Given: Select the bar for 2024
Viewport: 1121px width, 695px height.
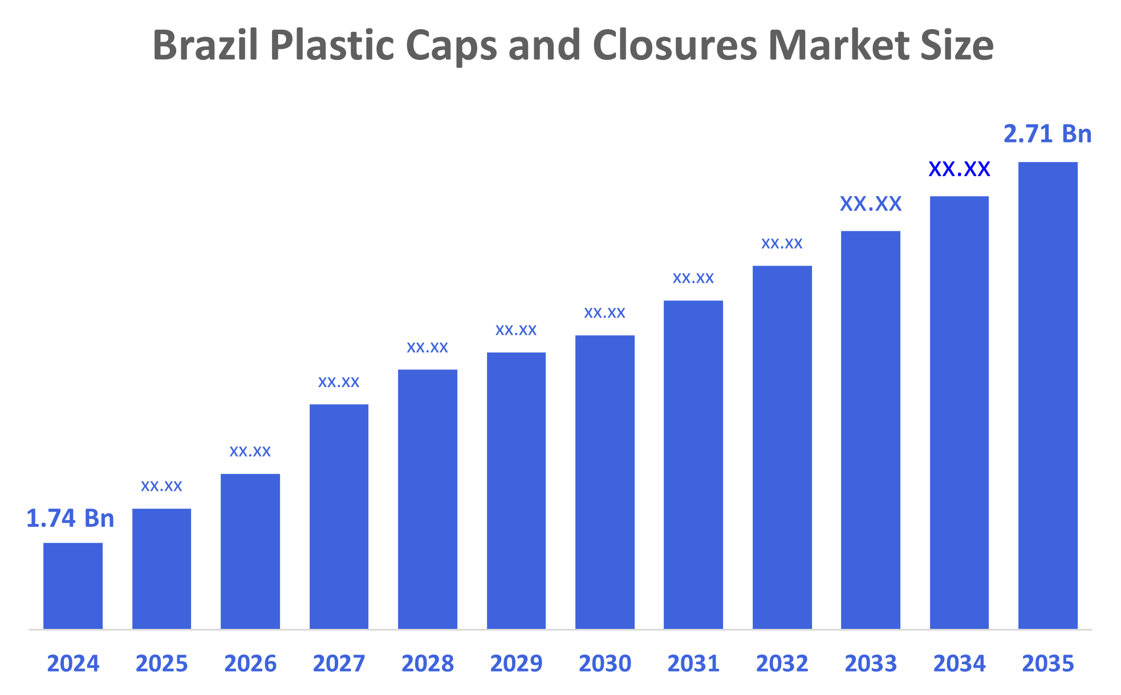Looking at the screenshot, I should (73, 586).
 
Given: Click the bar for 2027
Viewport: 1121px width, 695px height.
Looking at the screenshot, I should (339, 516).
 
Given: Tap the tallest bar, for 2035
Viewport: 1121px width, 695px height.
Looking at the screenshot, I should (1047, 395).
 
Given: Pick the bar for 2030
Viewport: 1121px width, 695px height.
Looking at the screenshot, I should (604, 482).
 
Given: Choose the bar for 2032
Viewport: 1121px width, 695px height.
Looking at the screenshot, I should (782, 447).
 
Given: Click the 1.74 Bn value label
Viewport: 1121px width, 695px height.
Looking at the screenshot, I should (70, 518).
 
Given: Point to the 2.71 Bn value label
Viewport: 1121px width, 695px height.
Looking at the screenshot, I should (1047, 134).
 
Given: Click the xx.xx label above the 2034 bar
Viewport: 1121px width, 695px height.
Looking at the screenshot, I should (959, 169).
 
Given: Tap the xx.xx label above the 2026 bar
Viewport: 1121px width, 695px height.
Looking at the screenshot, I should (250, 452).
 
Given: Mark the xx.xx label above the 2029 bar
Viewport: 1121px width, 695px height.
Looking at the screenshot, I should (516, 330).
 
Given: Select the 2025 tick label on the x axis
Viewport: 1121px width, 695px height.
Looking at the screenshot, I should (161, 664).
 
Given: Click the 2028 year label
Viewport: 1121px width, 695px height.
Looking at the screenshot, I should (428, 664).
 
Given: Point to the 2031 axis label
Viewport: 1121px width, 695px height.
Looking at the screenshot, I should (693, 664).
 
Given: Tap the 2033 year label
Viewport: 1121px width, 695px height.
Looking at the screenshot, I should (871, 664).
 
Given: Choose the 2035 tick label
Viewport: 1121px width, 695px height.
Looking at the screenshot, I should (1047, 664).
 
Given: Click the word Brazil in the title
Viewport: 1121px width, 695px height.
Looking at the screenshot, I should (206, 46).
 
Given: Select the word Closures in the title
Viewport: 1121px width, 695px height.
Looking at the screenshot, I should (675, 46).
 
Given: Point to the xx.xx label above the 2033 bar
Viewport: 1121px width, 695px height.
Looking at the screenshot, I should (871, 204).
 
